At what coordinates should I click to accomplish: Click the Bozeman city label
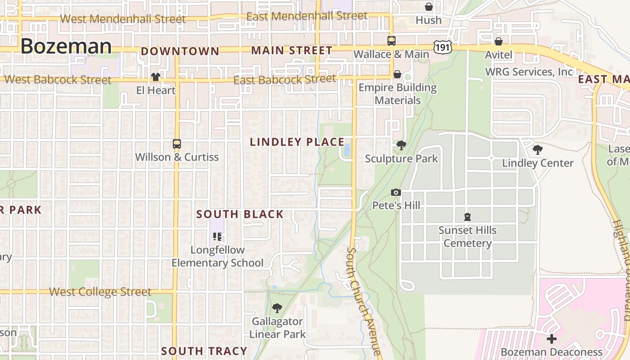(66, 46)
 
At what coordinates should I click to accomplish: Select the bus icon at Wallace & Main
(391, 41)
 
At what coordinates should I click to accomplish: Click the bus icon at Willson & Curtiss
(177, 144)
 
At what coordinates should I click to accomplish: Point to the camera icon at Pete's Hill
(396, 193)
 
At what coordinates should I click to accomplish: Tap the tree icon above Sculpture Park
(401, 145)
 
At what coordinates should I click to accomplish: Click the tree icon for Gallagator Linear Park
(277, 308)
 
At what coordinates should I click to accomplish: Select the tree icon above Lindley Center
(537, 150)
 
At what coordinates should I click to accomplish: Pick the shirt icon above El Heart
(156, 77)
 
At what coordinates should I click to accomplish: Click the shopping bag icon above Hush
(429, 7)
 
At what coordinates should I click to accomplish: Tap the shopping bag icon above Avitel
(499, 41)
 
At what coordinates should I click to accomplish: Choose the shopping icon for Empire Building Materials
(397, 74)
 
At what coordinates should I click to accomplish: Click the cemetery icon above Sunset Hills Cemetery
(468, 217)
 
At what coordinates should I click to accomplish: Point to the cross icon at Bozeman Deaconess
(552, 339)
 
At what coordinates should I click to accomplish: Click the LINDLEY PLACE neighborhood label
(297, 142)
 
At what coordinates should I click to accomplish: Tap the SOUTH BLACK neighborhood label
(240, 214)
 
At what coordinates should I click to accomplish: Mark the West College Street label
(100, 292)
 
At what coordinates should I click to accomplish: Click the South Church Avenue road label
(364, 301)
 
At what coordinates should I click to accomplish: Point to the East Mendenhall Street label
(307, 16)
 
